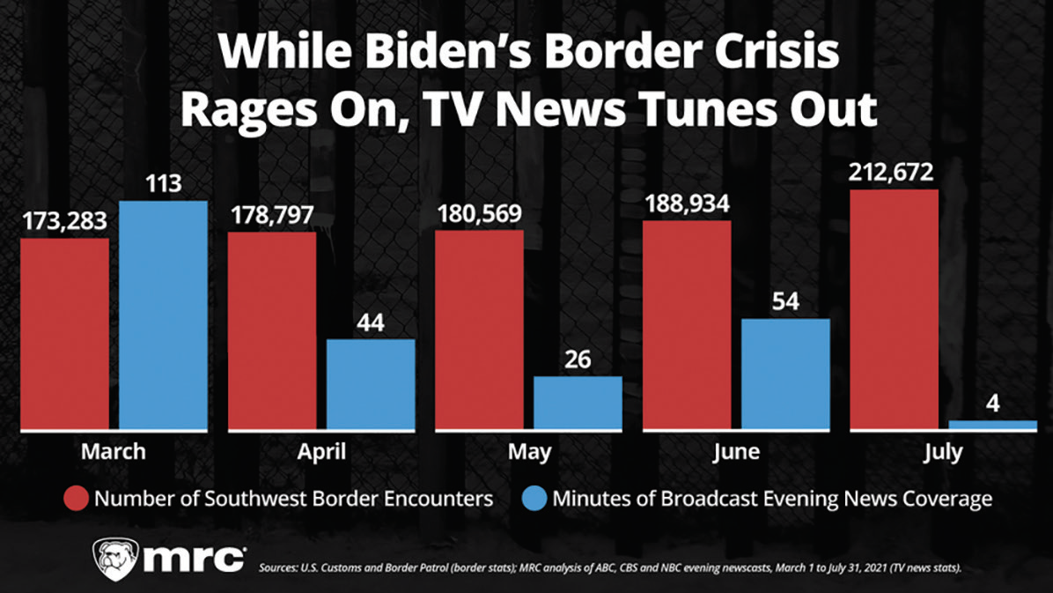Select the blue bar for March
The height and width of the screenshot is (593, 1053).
[x=163, y=315]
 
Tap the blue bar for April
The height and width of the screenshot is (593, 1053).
[x=371, y=384]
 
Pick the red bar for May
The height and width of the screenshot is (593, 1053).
[x=480, y=330]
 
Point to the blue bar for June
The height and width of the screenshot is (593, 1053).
[x=785, y=374]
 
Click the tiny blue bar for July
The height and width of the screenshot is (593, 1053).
[x=993, y=426]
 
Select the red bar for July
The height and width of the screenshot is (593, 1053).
[x=895, y=309]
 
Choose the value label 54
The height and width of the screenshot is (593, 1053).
[x=785, y=300]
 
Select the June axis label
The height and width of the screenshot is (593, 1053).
[x=737, y=453]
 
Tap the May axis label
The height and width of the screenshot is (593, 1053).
[x=529, y=453]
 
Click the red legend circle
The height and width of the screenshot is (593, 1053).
[x=76, y=499]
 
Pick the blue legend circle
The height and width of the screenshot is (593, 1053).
[x=536, y=499]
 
